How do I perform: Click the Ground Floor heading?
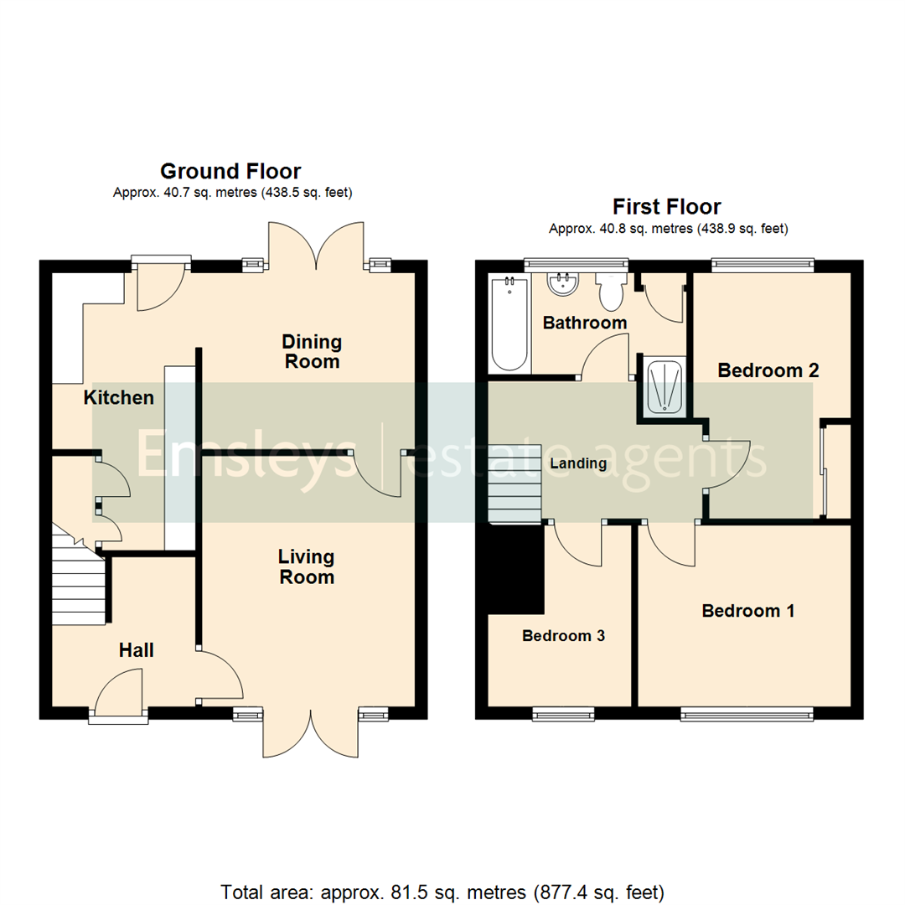coord(230,172)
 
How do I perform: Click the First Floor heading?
coord(666,207)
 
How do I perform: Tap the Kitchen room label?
coord(119,398)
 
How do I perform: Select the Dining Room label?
coord(311,352)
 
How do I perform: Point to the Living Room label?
coord(306,566)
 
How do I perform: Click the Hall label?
coord(136,649)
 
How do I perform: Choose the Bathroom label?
coord(584,323)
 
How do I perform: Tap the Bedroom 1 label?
coord(747,611)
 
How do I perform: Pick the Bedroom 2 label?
coord(768,370)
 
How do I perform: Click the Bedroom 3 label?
coord(563,636)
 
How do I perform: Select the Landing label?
coord(578,463)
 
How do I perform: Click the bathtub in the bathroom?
coord(509,323)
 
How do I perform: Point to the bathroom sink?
coord(562,284)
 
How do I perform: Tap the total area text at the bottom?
coord(442,890)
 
